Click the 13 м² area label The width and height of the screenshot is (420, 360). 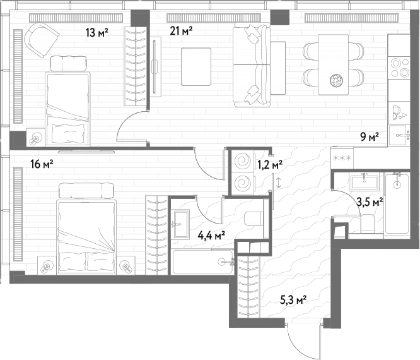coord(97,32)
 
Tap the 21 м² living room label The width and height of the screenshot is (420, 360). coord(182,31)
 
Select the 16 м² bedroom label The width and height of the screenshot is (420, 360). coord(42,164)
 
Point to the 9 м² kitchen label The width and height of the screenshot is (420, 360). coord(370,138)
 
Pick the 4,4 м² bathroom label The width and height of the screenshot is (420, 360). coord(211,236)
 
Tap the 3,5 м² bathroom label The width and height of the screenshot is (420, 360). coord(370,201)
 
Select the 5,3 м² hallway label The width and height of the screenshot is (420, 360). coord(294,300)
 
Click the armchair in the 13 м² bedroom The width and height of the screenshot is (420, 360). coord(42,40)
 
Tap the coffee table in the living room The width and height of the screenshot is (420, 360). coord(196,66)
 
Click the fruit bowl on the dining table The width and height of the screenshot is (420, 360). coord(336,80)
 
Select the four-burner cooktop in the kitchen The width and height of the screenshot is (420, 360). coord(399,68)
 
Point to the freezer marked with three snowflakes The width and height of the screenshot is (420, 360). coord(342,158)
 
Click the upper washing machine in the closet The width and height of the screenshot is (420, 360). coord(242,161)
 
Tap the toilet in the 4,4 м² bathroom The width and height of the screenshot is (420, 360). coord(254,219)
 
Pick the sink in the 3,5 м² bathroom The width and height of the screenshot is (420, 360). coord(364,182)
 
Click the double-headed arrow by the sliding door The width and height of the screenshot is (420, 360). coord(279,182)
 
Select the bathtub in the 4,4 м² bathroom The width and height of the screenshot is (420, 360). coord(203,261)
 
